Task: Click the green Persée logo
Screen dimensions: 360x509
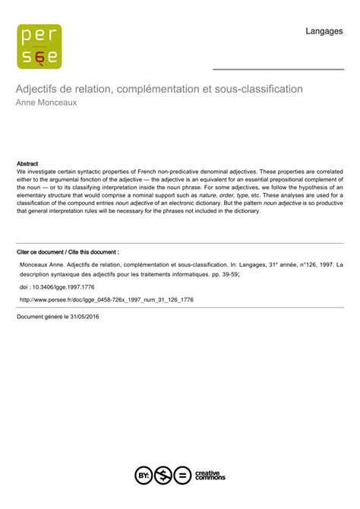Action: [39, 46]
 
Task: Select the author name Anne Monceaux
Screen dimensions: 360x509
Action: [47, 103]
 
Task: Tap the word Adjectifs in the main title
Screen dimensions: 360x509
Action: [39, 89]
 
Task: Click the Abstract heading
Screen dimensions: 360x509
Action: [27, 163]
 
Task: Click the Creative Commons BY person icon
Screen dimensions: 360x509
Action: [144, 476]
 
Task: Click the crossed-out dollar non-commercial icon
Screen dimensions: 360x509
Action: [163, 476]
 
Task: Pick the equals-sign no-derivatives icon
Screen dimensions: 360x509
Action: [182, 476]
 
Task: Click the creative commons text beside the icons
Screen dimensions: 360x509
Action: [210, 476]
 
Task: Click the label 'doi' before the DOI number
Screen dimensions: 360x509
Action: [24, 288]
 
